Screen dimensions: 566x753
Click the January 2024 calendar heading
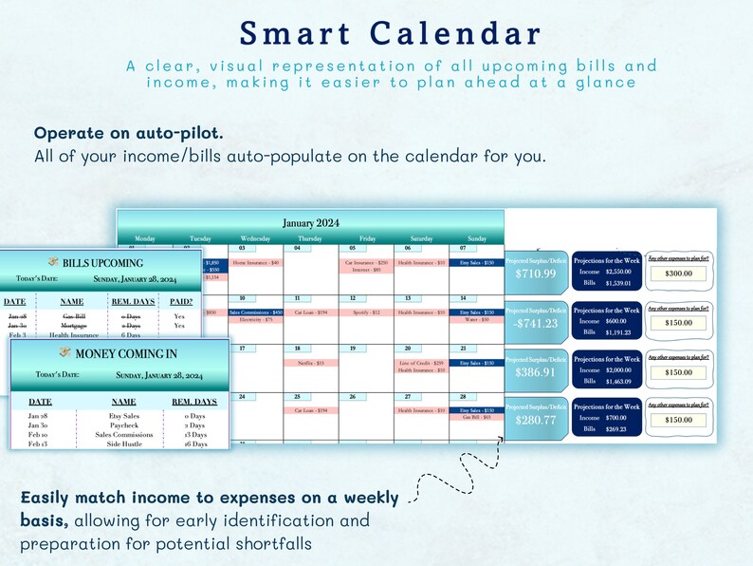pos(311,222)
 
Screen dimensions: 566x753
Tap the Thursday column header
pos(311,239)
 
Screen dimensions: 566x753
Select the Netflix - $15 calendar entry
pos(311,363)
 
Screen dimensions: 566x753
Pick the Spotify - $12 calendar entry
pos(365,312)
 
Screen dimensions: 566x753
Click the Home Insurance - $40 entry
pos(256,262)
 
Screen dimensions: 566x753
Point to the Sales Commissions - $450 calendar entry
pos(256,312)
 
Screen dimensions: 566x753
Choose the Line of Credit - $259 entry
pos(420,363)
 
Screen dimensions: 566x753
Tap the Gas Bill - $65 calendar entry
pos(476,417)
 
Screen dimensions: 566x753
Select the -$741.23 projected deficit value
pos(536,323)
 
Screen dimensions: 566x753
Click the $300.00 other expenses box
pos(678,274)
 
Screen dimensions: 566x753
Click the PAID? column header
pos(179,301)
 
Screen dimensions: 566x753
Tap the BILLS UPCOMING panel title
pos(101,263)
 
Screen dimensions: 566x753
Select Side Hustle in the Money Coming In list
pos(123,443)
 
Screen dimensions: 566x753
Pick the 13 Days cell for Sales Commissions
pos(195,435)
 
